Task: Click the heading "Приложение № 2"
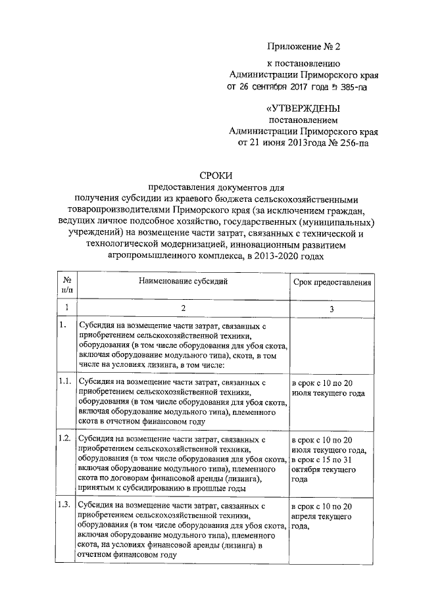(305, 46)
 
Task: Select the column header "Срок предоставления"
(332, 282)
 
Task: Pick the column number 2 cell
(183, 308)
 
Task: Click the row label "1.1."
(65, 381)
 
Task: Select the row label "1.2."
(65, 439)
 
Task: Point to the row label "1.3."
(65, 505)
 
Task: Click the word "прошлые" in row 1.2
(209, 488)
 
